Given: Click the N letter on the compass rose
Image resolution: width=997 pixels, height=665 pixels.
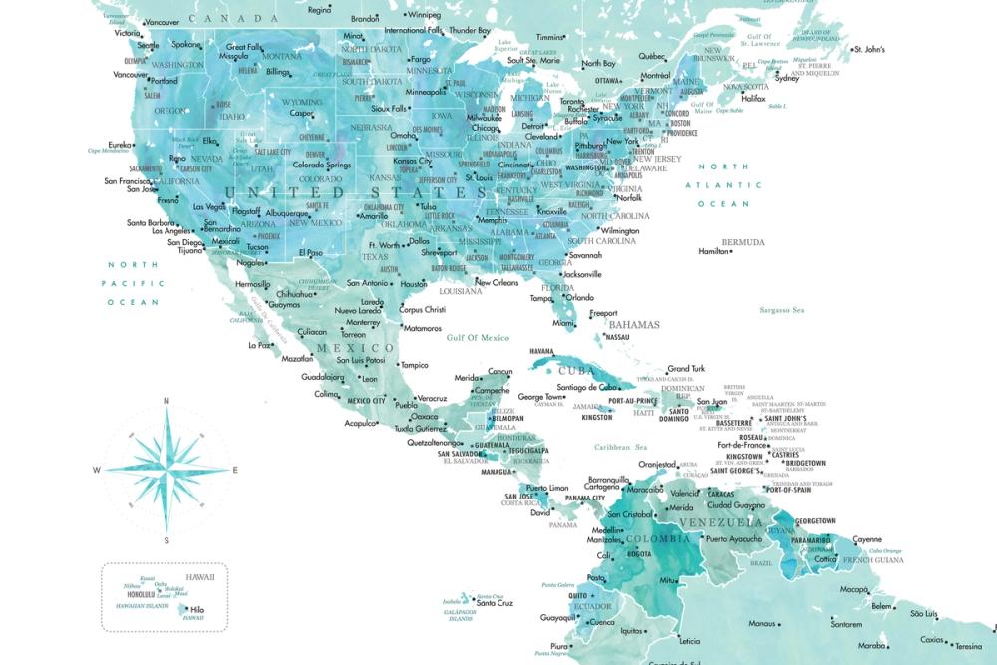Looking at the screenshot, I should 166,401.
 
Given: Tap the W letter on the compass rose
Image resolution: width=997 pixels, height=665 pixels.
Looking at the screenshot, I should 97,470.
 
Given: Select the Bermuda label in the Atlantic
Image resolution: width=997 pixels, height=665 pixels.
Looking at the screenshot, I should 743,242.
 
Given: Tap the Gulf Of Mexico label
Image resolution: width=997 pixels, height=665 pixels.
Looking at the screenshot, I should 478,338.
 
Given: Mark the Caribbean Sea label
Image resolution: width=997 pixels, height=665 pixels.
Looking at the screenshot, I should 621,447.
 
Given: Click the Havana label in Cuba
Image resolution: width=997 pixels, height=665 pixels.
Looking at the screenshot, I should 541,351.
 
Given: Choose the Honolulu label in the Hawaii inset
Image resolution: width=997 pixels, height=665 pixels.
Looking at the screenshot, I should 145,595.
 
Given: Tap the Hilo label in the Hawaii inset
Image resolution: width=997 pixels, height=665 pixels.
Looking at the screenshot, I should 197,609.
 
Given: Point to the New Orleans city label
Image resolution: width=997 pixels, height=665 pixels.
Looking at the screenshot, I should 497,282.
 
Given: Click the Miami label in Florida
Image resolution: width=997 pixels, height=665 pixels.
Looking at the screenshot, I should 564,323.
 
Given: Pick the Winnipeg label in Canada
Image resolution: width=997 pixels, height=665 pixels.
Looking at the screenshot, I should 424,15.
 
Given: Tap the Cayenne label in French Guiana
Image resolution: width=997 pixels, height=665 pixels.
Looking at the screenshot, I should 866,539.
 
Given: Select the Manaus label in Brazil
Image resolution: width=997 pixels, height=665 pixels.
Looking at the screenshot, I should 762,624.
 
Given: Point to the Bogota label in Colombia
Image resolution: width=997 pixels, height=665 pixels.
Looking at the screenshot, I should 639,554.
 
